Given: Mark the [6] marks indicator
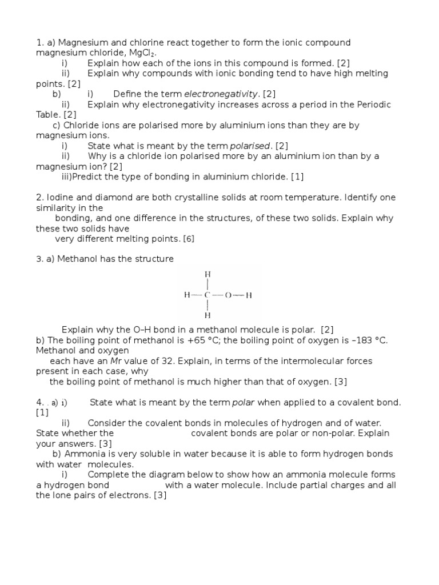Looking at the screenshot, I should click(189, 239).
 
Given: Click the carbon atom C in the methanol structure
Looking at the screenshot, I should click(207, 295).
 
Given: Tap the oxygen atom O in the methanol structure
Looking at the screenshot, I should click(228, 295).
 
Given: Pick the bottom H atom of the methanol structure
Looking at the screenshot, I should click(207, 315).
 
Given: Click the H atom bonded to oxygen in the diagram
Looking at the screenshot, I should click(249, 295).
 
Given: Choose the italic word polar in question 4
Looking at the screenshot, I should click(242, 402).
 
